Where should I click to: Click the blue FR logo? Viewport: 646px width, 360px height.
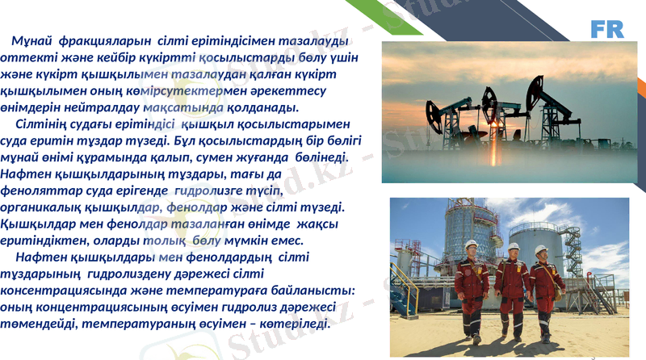click(x=606, y=29)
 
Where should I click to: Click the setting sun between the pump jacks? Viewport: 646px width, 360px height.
click(x=494, y=124)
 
